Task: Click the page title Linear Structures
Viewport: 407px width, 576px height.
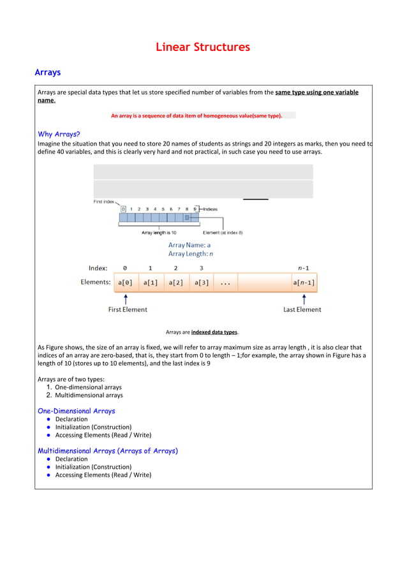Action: pyautogui.click(x=203, y=47)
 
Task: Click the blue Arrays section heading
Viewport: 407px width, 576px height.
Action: pyautogui.click(x=48, y=73)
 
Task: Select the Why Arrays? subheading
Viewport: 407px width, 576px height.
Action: pyautogui.click(x=59, y=134)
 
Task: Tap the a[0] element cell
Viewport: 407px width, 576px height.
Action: pyautogui.click(x=125, y=282)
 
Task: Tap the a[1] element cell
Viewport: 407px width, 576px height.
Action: pyautogui.click(x=151, y=282)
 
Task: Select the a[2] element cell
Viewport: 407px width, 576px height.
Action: pyautogui.click(x=176, y=282)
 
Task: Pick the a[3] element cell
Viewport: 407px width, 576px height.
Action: pyautogui.click(x=201, y=282)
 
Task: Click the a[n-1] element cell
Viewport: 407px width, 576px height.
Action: pyautogui.click(x=304, y=282)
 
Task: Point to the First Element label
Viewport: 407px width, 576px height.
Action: pyautogui.click(x=128, y=309)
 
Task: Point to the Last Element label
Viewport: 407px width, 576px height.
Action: pyautogui.click(x=302, y=309)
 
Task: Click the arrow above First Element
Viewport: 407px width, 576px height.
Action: pyautogui.click(x=126, y=298)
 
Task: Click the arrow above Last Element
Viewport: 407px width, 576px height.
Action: pyautogui.click(x=304, y=298)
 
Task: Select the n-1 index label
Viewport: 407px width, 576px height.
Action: pyautogui.click(x=303, y=268)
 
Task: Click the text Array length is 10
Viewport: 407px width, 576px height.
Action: pyautogui.click(x=159, y=233)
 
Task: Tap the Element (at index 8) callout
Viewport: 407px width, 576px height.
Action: pyautogui.click(x=223, y=233)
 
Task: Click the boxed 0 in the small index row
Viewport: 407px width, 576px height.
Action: pyautogui.click(x=123, y=209)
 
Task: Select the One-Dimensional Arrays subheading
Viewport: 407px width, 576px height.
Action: pyautogui.click(x=77, y=411)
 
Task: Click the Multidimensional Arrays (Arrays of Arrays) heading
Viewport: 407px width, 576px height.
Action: pyautogui.click(x=108, y=450)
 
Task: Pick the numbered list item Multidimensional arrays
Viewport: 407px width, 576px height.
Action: pyautogui.click(x=89, y=395)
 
